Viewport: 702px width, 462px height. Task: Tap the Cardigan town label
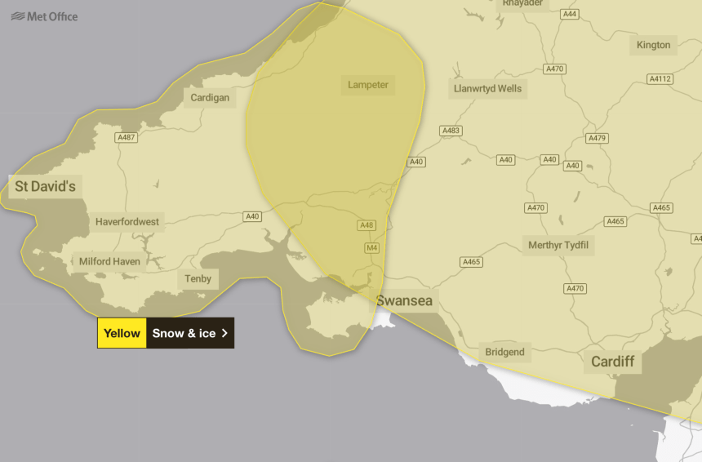tap(210, 98)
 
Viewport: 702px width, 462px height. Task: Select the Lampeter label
tap(368, 85)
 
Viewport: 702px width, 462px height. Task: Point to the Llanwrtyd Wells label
tap(487, 88)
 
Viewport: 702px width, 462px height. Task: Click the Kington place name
tap(653, 45)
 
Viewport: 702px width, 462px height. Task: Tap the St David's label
tap(45, 187)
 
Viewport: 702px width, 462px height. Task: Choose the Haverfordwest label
tap(127, 221)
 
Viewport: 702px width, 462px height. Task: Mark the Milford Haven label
tap(109, 262)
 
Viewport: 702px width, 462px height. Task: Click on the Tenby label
tap(198, 279)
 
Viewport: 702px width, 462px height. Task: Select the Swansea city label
tap(404, 301)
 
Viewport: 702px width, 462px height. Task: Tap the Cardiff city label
tap(612, 361)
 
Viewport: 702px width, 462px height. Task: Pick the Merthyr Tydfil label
tap(558, 245)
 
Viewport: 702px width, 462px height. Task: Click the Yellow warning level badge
tap(122, 333)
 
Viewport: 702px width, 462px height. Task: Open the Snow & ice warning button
tap(190, 333)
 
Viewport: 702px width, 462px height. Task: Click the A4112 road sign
tap(660, 79)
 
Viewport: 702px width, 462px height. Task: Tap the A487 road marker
tap(126, 137)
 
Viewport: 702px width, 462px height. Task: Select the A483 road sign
tap(451, 131)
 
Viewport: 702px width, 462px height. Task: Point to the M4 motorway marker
tap(371, 247)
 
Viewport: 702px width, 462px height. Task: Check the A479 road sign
tap(597, 138)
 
